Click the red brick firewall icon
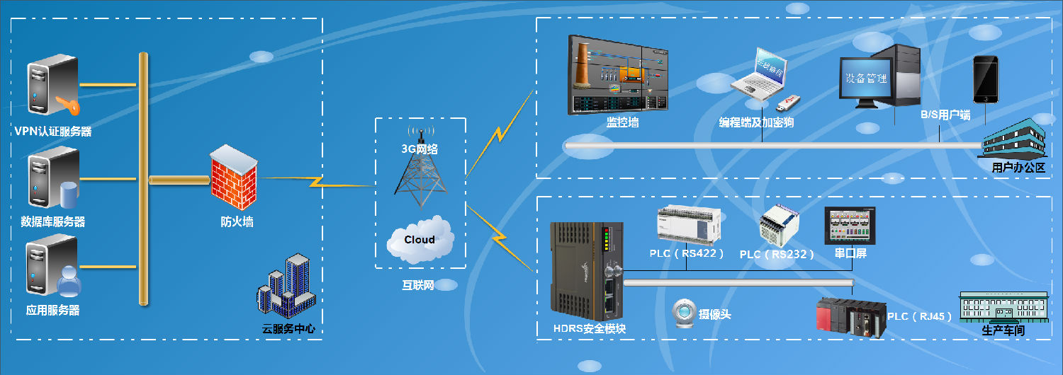pos(232,178)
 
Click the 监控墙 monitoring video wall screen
pos(619,75)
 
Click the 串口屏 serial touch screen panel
pos(850,226)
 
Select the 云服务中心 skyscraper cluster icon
pos(286,287)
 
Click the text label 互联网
pos(418,285)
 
